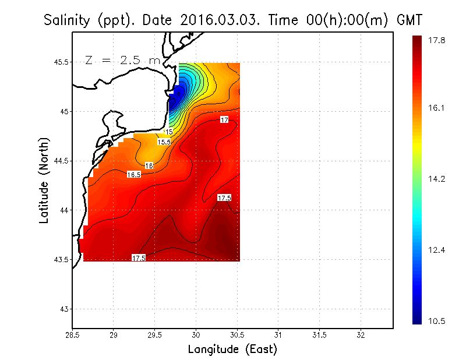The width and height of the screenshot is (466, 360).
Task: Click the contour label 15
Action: point(170,132)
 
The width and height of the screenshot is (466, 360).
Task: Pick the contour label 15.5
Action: point(164,142)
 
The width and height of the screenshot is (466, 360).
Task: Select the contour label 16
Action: point(149,166)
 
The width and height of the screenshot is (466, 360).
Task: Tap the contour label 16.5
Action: point(133,175)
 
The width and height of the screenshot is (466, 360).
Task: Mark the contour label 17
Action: point(224,120)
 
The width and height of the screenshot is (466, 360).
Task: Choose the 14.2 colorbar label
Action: point(436,179)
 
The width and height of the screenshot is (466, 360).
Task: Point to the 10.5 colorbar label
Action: point(436,321)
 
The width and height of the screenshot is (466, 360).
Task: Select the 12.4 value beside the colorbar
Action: point(436,250)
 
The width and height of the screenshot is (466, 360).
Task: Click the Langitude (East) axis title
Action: point(232,350)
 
